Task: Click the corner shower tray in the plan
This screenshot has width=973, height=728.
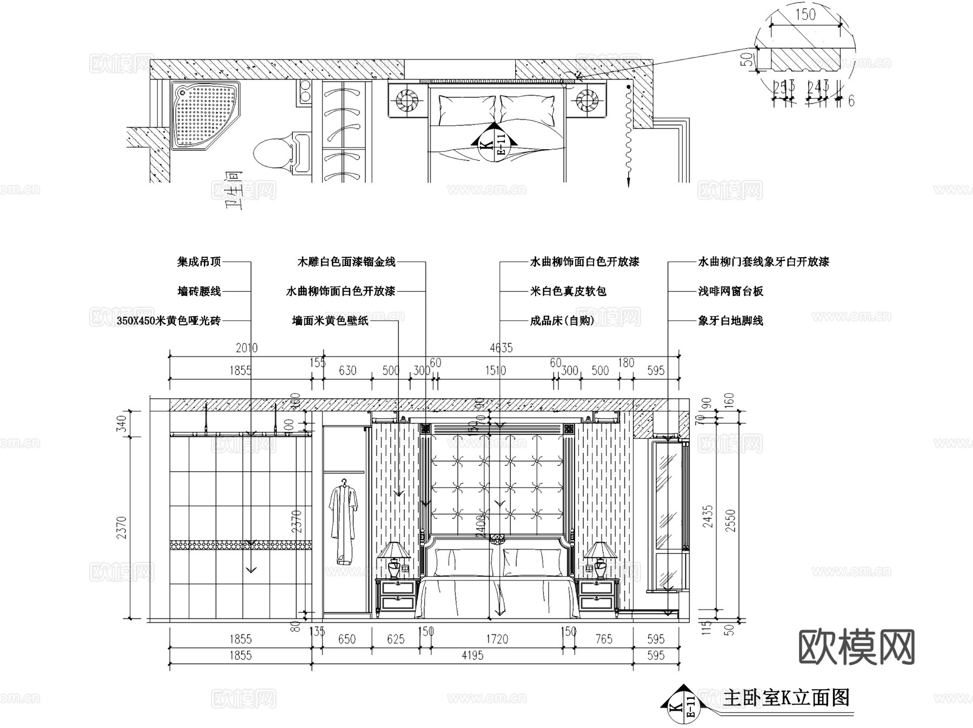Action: [x=204, y=115]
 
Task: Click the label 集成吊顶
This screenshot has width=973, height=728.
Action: [x=199, y=262]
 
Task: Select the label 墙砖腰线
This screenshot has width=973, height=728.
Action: [x=199, y=291]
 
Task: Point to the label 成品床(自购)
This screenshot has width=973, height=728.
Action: [x=562, y=320]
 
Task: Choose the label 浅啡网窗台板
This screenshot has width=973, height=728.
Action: [x=730, y=291]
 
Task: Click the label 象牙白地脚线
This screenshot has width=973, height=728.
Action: [x=730, y=320]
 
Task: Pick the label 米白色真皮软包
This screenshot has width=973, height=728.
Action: [x=568, y=291]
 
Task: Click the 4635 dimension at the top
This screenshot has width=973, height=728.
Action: [x=501, y=348]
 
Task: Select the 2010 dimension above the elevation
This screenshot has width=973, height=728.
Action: [x=246, y=348]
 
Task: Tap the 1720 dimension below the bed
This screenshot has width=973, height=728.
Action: [x=497, y=639]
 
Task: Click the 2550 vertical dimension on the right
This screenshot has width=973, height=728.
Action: [x=731, y=520]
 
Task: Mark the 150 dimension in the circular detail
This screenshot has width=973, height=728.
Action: [x=805, y=15]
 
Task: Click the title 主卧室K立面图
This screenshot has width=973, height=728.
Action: [x=786, y=697]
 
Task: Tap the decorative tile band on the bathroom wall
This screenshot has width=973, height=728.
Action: [x=241, y=545]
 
